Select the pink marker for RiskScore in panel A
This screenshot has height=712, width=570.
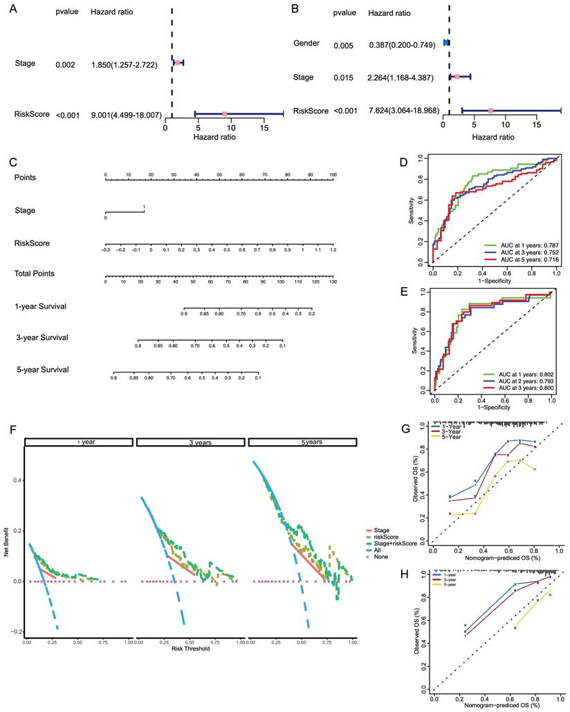tap(225, 113)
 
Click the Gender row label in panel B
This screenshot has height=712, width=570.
tap(306, 44)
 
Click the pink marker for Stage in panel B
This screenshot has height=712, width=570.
tap(457, 77)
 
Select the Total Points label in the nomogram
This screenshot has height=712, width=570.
tap(35, 274)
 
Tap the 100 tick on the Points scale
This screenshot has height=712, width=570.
tap(333, 175)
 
